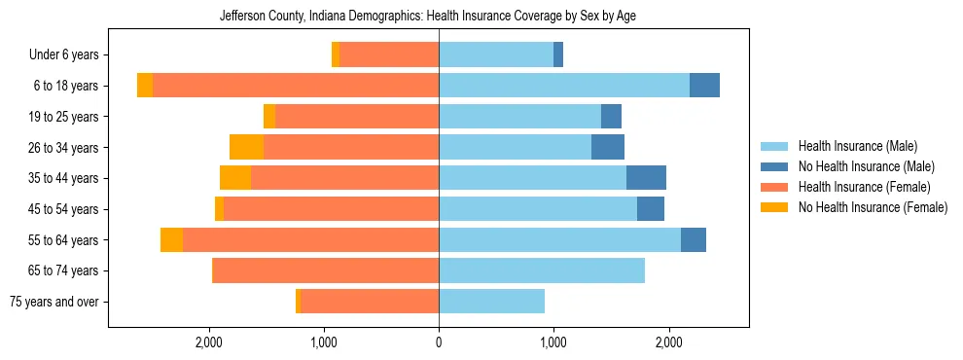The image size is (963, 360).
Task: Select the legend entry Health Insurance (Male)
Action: [857, 146]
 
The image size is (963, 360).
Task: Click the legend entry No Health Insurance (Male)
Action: [866, 166]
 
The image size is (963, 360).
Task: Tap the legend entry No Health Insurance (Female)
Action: [873, 207]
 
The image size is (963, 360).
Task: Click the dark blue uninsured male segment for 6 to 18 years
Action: [704, 86]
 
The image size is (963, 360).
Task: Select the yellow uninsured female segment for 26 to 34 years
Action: [246, 147]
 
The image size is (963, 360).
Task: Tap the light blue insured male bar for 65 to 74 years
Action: [541, 270]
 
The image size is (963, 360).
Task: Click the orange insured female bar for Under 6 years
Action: [389, 55]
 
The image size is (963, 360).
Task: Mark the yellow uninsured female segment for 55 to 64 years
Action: [171, 239]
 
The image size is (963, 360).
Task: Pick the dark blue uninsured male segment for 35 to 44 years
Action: [646, 178]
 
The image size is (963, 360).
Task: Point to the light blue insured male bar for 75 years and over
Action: [491, 302]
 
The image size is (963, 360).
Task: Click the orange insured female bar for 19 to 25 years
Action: [357, 117]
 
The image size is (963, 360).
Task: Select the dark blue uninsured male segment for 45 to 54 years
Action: [651, 209]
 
